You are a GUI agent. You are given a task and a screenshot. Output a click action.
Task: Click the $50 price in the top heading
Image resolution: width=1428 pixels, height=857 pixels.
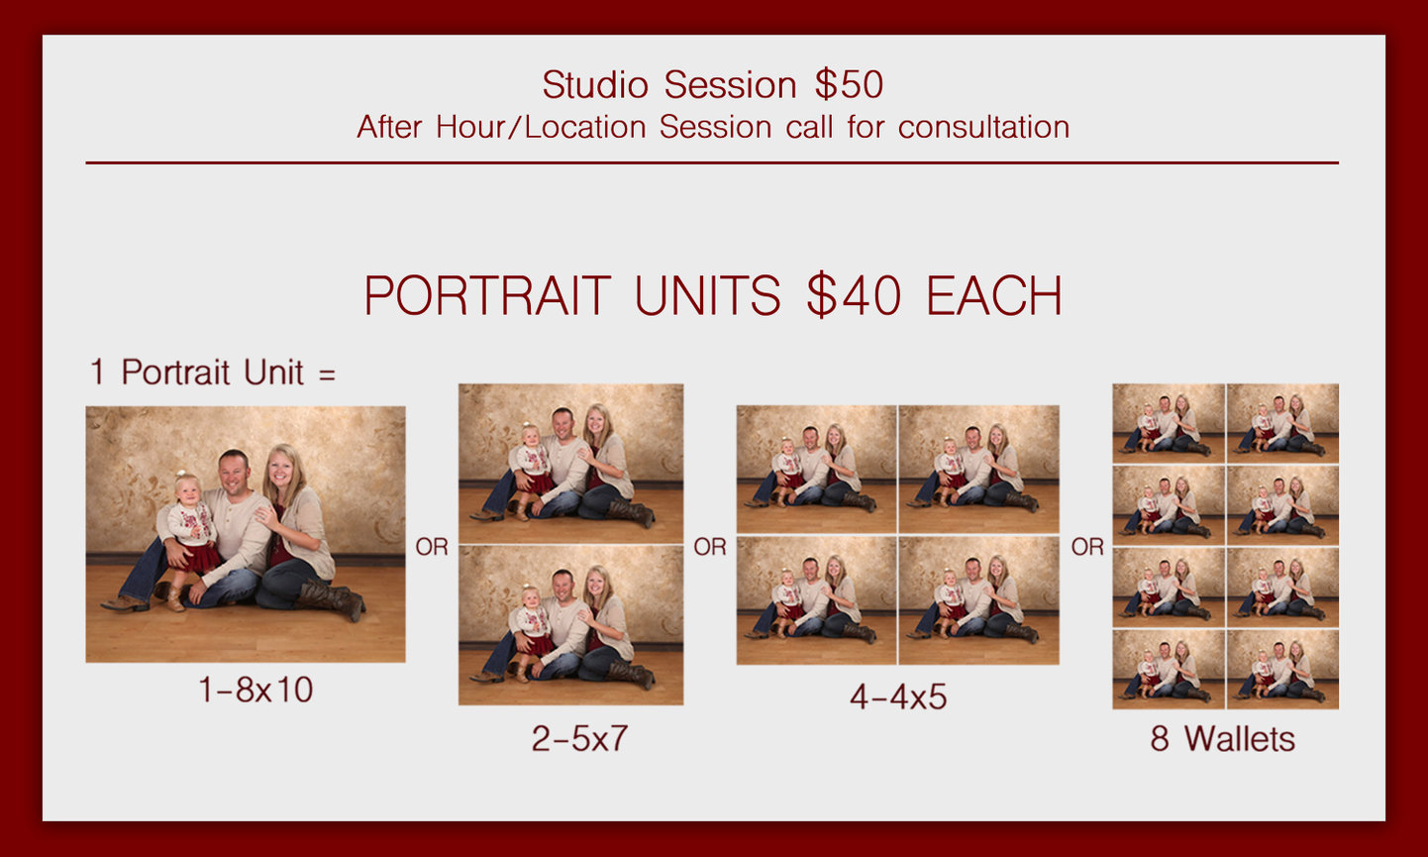(849, 85)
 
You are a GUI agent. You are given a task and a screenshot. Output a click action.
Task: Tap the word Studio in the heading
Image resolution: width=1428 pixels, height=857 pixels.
(596, 85)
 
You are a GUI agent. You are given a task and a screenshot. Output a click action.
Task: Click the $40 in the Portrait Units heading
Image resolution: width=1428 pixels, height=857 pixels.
(853, 296)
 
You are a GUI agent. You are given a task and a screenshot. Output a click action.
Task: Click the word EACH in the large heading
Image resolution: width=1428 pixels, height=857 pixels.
(993, 296)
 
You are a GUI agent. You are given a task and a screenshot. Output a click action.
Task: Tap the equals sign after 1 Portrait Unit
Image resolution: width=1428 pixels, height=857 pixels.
(327, 375)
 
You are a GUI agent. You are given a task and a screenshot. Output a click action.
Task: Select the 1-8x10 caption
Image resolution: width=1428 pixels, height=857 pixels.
(255, 690)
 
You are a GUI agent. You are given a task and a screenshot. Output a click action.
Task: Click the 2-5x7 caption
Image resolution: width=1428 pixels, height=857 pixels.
(579, 738)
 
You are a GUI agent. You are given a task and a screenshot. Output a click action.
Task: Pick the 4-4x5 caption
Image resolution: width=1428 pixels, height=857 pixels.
(897, 697)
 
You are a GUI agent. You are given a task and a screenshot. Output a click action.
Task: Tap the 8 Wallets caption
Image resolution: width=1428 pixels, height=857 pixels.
(1222, 738)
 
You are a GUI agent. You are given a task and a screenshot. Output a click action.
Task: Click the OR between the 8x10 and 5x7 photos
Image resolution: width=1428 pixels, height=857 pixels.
(432, 547)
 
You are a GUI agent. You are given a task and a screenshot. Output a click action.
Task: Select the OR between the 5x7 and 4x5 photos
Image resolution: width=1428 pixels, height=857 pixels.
(710, 547)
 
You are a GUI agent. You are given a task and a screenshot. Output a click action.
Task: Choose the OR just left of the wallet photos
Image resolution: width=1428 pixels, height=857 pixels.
(1087, 547)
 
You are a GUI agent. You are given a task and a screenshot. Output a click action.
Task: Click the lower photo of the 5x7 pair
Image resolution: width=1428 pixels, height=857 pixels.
(570, 626)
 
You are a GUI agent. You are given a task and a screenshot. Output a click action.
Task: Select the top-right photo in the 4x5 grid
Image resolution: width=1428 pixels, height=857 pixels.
(978, 469)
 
